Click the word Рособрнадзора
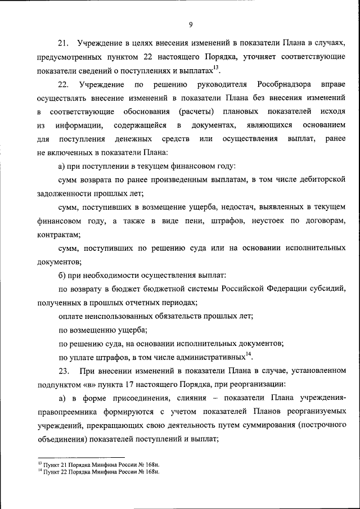click(x=280, y=84)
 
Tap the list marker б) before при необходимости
click(x=63, y=275)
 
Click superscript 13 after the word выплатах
click(x=216, y=68)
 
